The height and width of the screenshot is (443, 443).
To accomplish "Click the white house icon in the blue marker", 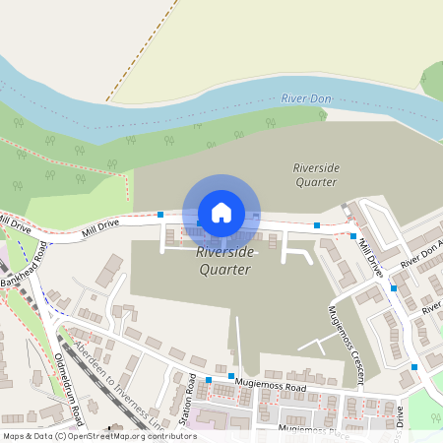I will [221, 212].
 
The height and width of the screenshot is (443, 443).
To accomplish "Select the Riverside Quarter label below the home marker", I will [225, 261].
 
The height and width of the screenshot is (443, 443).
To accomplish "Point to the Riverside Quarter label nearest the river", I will [316, 174].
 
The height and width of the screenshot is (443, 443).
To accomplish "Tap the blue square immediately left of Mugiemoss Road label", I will [230, 376].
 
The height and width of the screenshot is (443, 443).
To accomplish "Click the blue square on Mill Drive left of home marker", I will [160, 215].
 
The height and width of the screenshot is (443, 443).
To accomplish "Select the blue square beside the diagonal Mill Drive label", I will [353, 236].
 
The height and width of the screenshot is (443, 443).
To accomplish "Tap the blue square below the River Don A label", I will [393, 288].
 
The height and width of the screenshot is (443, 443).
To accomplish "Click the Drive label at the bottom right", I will [401, 415].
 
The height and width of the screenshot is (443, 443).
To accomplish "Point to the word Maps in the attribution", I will [14, 435].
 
